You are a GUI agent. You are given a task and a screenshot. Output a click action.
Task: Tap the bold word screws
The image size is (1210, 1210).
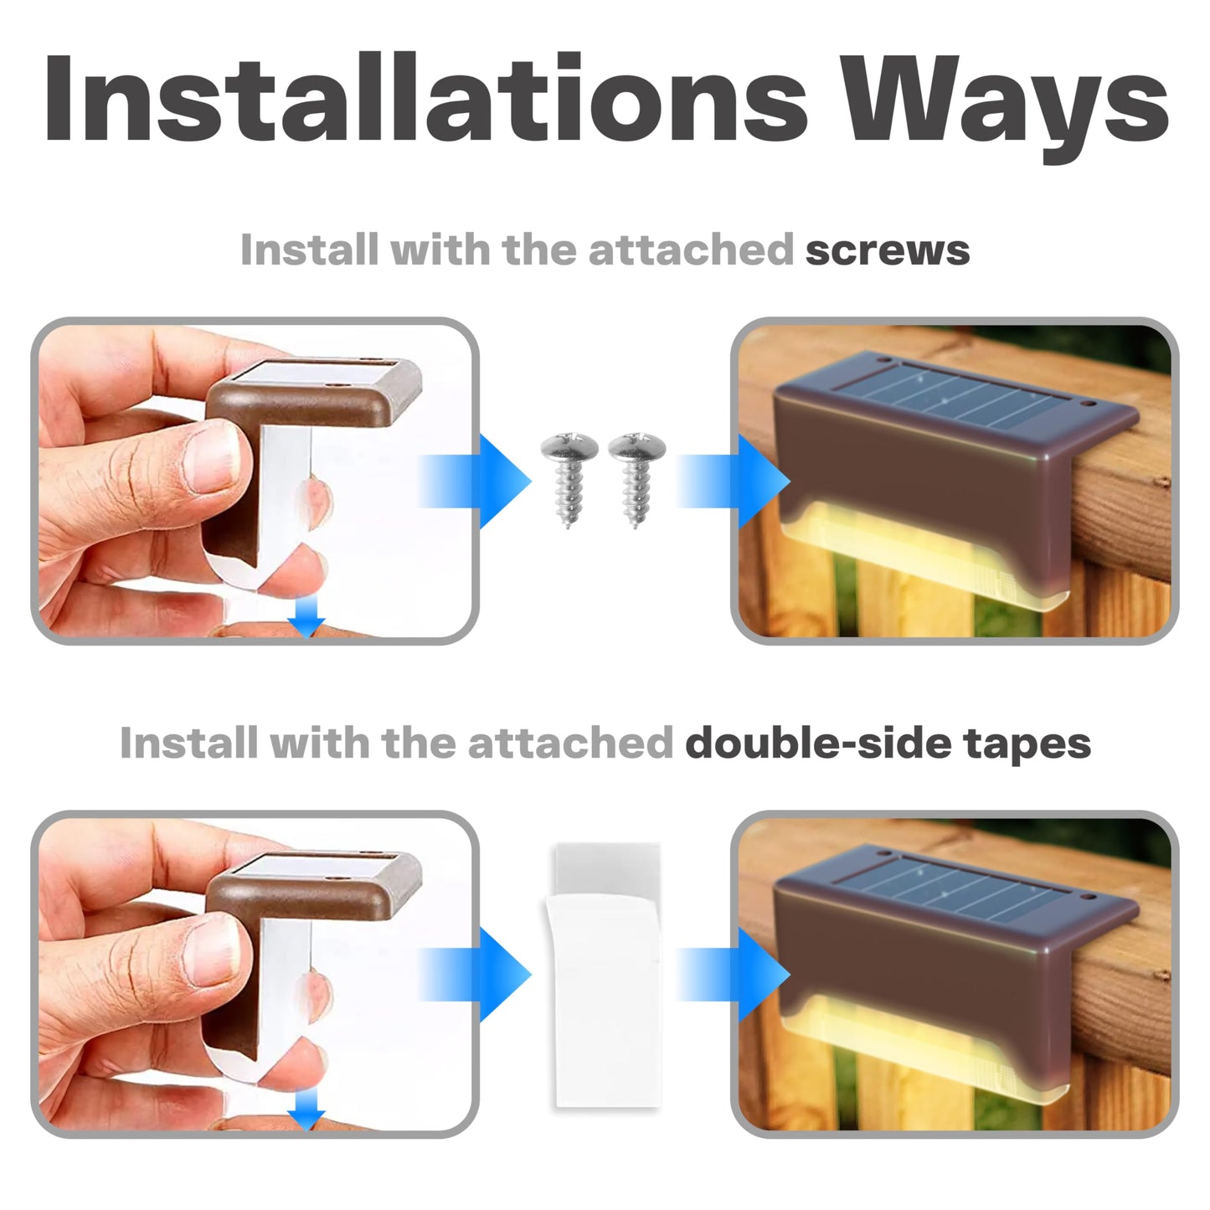click(x=887, y=250)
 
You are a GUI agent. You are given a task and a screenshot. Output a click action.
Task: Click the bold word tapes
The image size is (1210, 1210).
click(x=1027, y=744)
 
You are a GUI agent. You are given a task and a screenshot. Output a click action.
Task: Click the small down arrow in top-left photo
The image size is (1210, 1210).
click(x=307, y=620)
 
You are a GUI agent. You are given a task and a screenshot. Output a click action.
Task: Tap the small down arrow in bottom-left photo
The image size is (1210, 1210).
click(x=307, y=1113)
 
